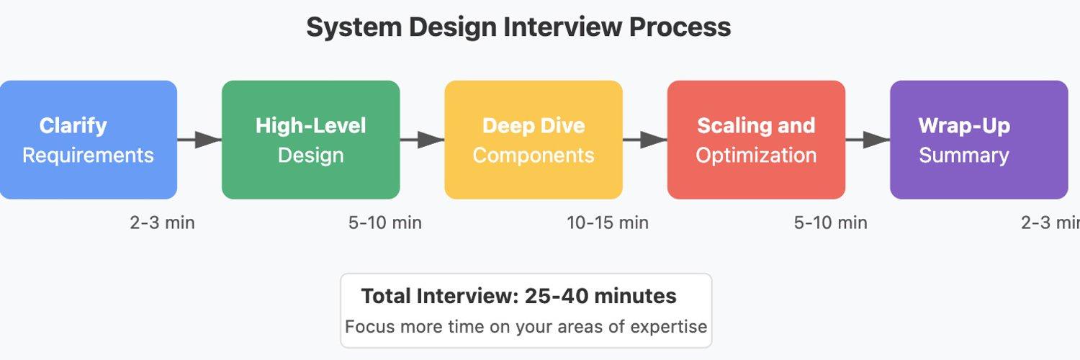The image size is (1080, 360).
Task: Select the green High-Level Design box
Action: [310, 140]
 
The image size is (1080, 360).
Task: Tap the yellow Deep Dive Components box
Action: [533, 140]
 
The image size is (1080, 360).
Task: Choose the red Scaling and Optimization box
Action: [756, 140]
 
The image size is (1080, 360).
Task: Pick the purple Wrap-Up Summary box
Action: [978, 140]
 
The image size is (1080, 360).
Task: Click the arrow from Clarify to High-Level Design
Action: [199, 140]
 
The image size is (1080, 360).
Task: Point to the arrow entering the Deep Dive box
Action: [423, 140]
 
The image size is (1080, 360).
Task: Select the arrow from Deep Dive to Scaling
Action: [645, 140]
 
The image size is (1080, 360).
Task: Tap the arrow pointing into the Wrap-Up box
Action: [868, 140]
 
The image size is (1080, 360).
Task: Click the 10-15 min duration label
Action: [607, 222]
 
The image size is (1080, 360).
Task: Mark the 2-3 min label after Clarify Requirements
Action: [162, 222]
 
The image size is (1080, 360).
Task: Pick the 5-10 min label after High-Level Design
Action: [384, 222]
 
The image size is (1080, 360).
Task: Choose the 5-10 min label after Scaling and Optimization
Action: [830, 222]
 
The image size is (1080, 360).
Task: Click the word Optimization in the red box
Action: [756, 156]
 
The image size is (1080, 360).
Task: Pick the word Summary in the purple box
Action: [963, 156]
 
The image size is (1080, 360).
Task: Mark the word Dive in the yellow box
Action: [564, 125]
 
